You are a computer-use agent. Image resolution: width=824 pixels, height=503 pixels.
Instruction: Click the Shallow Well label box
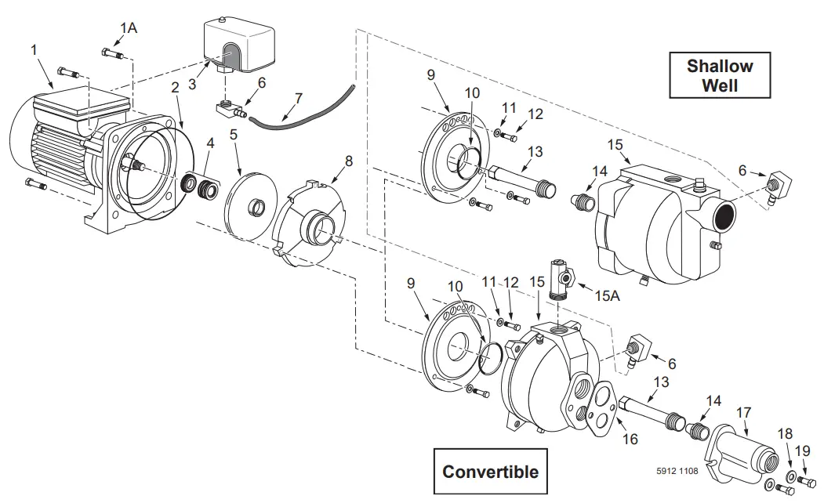click(x=720, y=74)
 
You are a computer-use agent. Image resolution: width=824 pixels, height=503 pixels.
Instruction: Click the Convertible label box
click(x=490, y=472)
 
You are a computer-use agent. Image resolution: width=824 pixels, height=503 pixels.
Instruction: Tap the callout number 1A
click(x=128, y=28)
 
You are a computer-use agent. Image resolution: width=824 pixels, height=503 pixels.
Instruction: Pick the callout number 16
click(x=630, y=440)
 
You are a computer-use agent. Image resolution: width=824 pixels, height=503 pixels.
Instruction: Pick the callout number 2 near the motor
click(x=175, y=89)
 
